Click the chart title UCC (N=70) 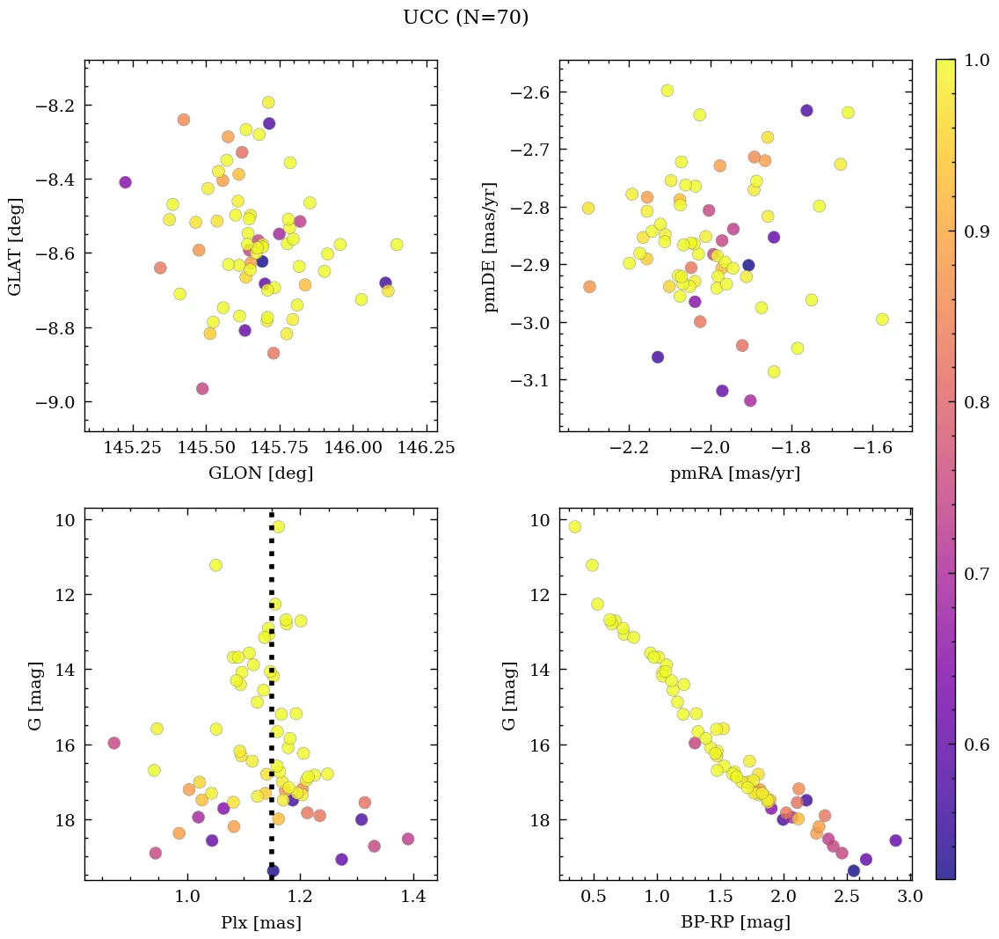pos(465,18)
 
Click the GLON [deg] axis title pos(260,473)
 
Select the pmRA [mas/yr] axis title pos(735,473)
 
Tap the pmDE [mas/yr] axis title pos(490,246)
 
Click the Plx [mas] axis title pos(260,922)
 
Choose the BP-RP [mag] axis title pos(735,922)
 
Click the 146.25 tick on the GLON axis pos(426,448)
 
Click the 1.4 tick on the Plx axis pos(413,897)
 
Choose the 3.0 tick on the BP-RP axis pos(908,897)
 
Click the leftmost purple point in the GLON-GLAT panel pos(125,182)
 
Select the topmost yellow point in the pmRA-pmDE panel pos(667,91)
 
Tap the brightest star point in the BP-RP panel pos(575,527)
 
